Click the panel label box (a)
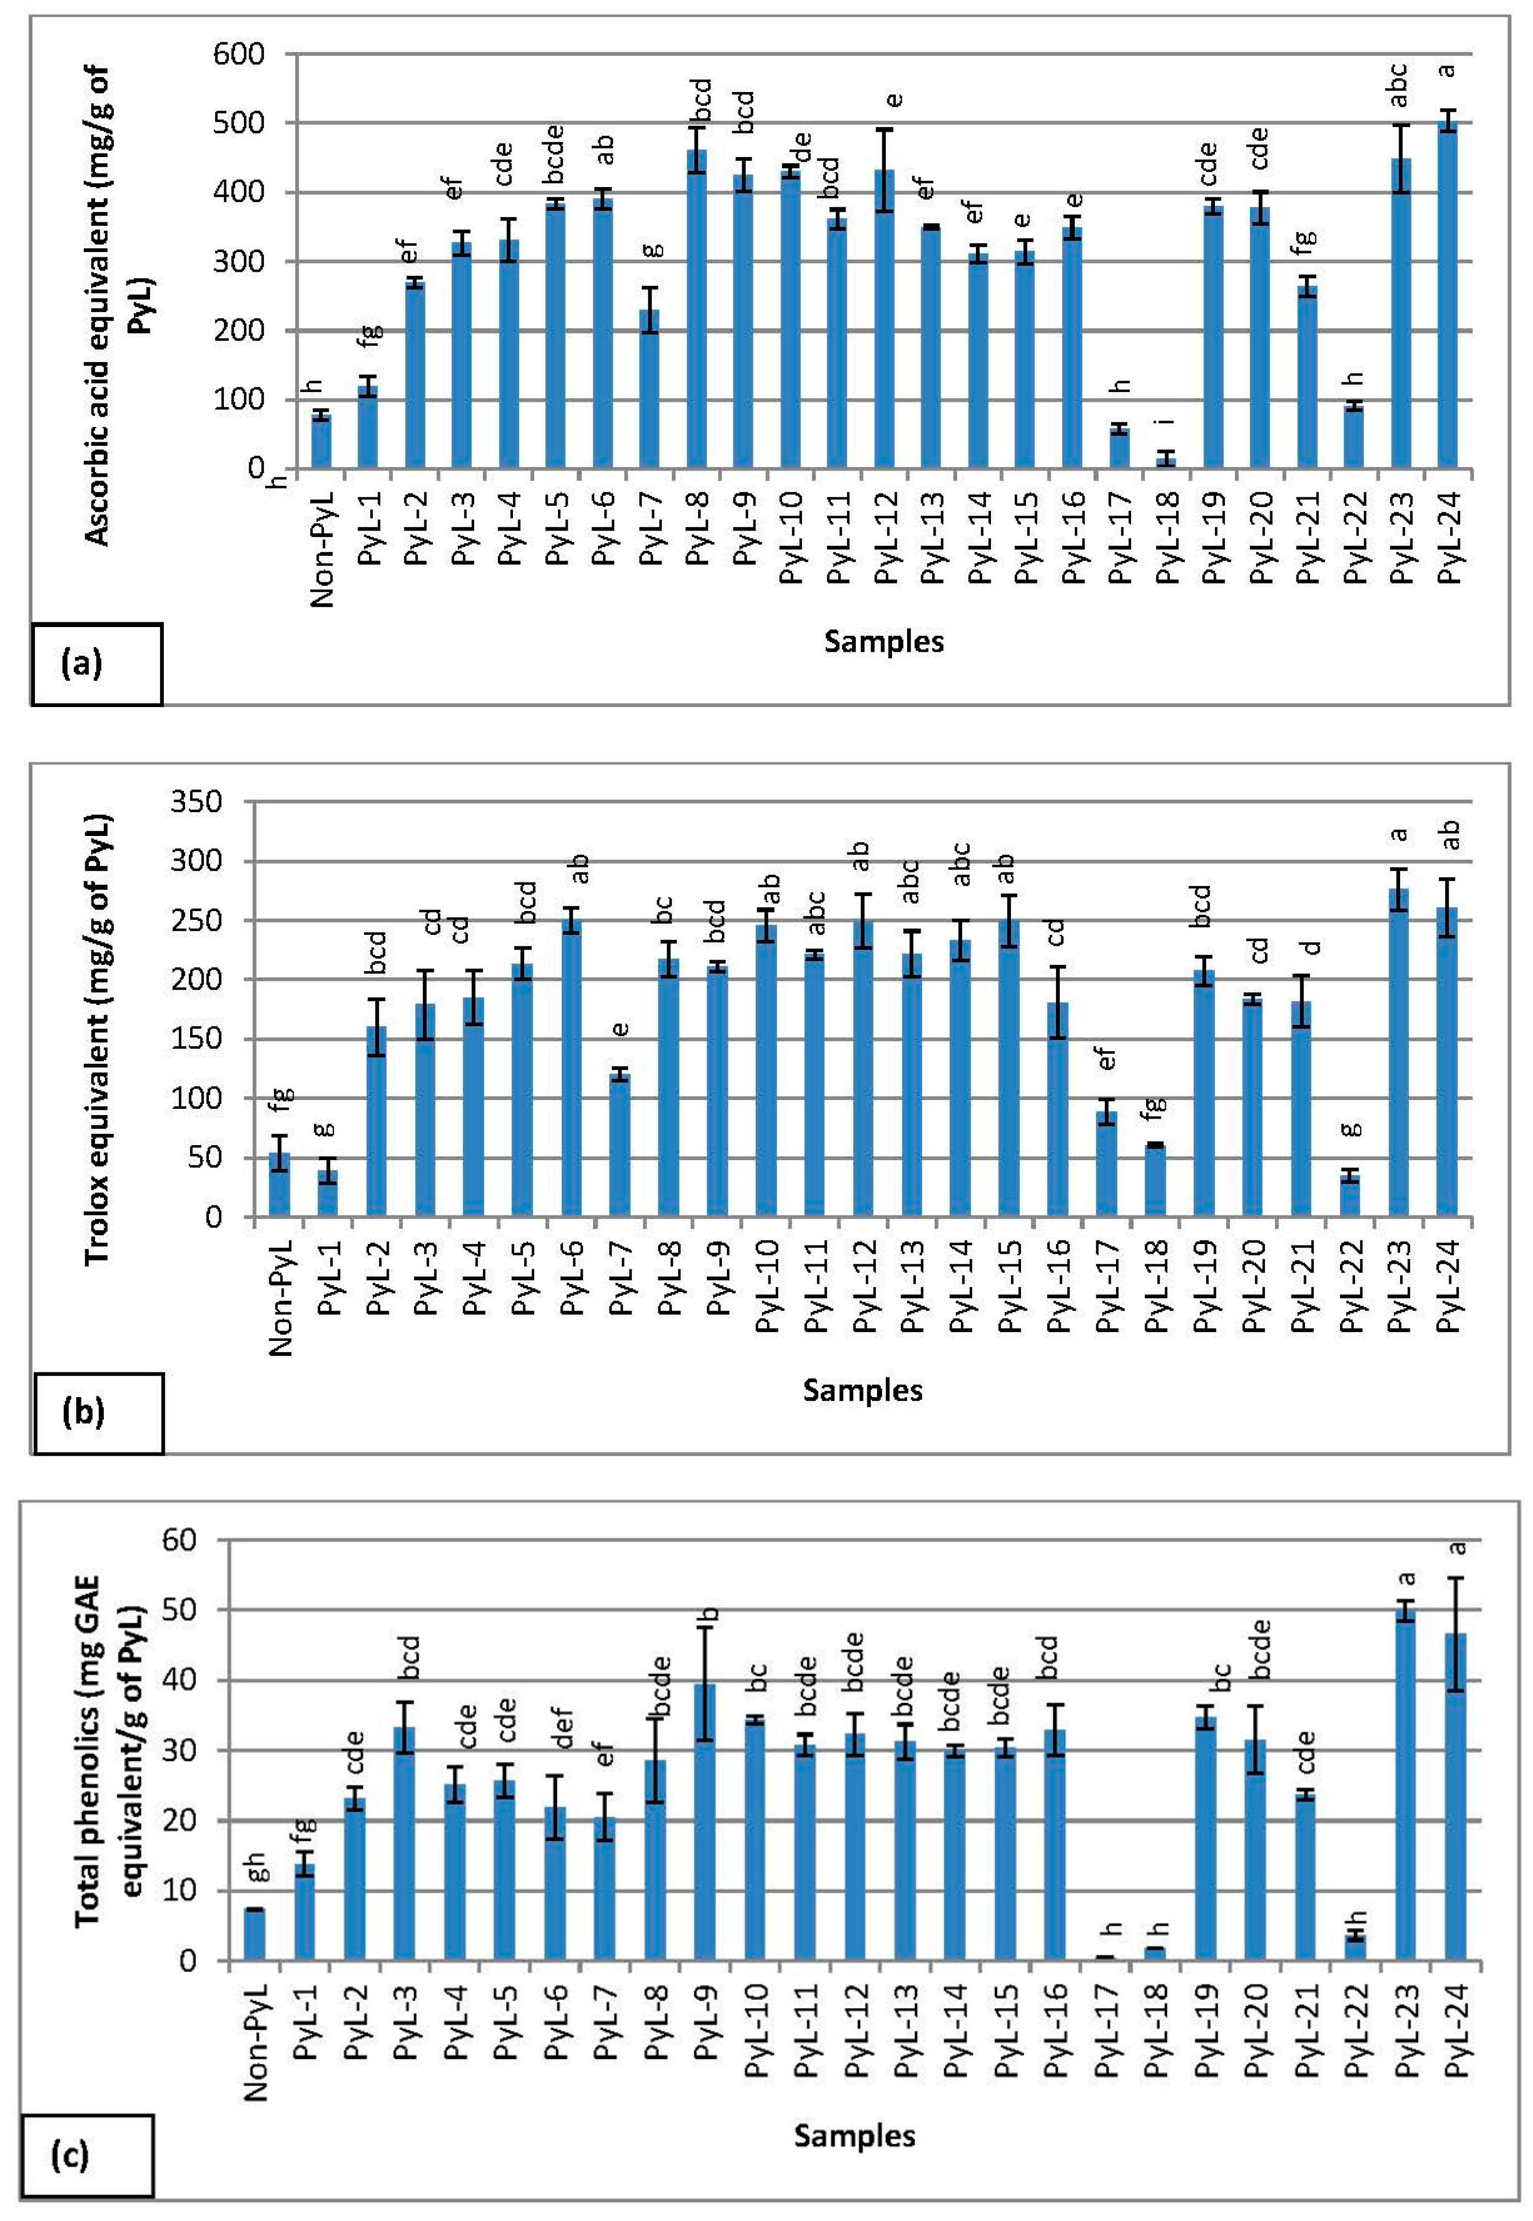(x=96, y=663)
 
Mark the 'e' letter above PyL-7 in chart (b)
(x=621, y=1029)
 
